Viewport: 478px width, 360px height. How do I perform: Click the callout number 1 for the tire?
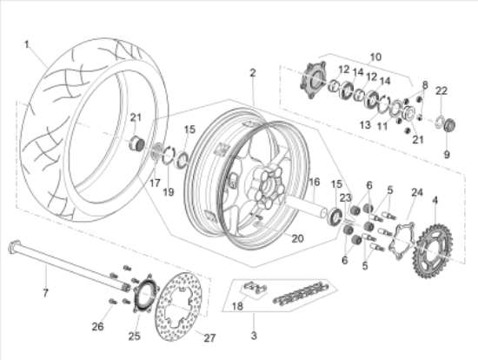point(27,43)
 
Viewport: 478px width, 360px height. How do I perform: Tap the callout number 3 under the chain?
point(254,335)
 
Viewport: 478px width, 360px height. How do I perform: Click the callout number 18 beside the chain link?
point(236,306)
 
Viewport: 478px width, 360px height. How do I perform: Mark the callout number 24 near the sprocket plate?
point(416,192)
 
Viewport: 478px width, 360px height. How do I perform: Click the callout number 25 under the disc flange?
point(133,336)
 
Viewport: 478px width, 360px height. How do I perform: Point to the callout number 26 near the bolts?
point(97,327)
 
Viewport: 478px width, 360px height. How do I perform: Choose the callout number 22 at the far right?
point(441,91)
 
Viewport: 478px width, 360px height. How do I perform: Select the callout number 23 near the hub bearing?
point(346,197)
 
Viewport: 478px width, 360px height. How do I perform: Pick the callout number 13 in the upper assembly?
point(363,125)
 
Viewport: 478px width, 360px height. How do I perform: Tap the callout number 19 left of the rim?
point(169,190)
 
